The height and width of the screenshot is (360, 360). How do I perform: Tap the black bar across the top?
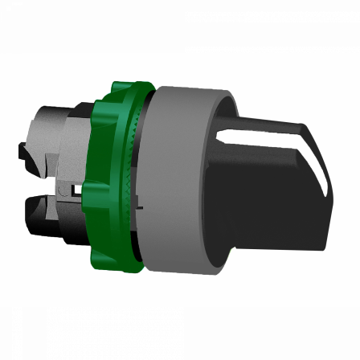(180, 26)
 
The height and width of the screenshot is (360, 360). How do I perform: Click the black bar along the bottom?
(180, 333)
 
